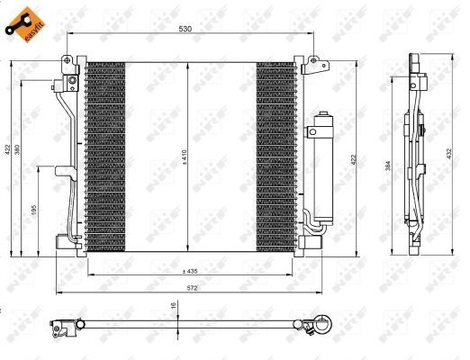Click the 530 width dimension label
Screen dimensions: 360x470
[184, 30]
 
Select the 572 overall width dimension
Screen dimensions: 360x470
[185, 287]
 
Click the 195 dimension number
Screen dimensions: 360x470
[34, 209]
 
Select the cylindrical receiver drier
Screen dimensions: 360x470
[321, 166]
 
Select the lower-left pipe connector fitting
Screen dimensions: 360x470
[64, 239]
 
